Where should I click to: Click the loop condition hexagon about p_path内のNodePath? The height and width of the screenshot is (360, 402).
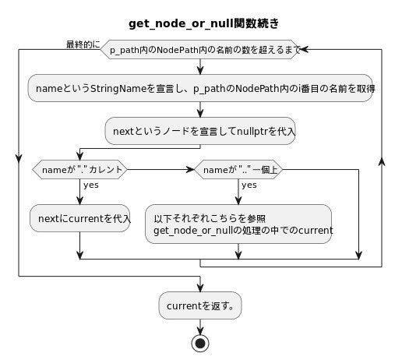(x=200, y=49)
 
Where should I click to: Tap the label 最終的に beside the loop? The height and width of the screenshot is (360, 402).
(x=83, y=44)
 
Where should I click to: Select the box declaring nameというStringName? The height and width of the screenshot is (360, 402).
(x=200, y=89)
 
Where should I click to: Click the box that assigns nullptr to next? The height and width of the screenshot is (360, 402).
(x=200, y=131)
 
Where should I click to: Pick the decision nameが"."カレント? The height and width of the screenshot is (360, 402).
(x=80, y=169)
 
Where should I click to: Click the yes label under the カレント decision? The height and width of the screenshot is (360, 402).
(x=90, y=185)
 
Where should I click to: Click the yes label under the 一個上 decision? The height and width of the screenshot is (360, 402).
(x=249, y=185)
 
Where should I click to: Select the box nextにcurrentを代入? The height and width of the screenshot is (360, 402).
(x=80, y=218)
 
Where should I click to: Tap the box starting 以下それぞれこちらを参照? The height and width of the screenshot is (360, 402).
(x=238, y=224)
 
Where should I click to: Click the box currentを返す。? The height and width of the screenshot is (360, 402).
(x=200, y=306)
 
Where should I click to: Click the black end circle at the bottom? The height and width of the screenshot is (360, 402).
(x=200, y=343)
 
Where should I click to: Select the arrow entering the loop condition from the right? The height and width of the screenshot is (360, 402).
(x=305, y=49)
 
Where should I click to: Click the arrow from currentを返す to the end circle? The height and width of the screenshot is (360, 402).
(x=200, y=326)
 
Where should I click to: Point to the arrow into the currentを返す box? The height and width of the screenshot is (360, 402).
(x=200, y=285)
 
